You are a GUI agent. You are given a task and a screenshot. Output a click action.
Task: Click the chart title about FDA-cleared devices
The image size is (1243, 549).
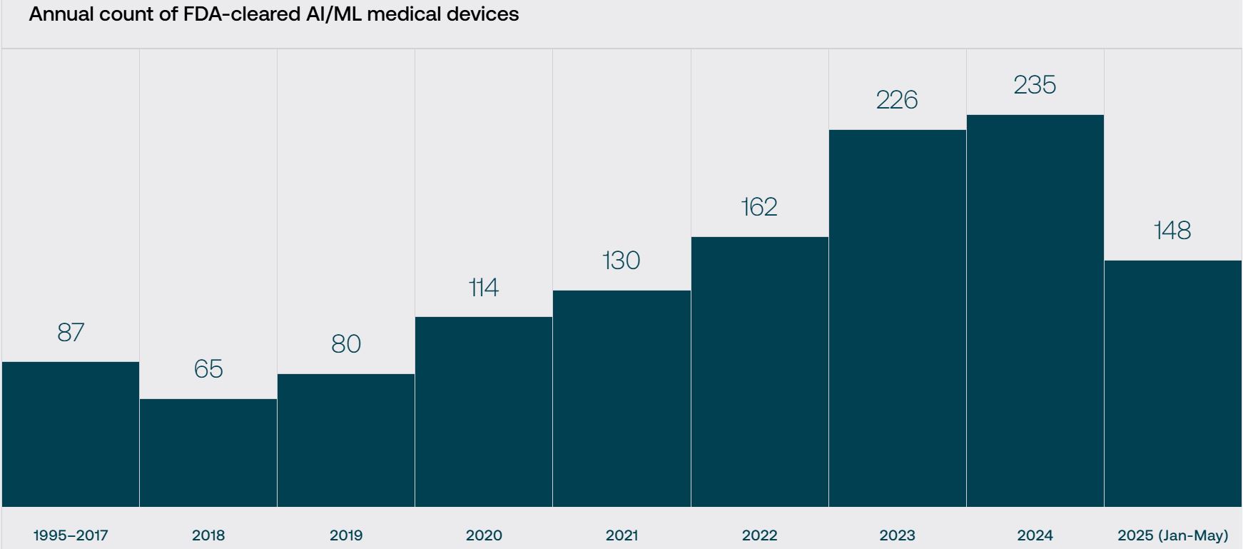[273, 14]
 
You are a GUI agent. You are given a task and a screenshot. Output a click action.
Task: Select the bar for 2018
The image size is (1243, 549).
[208, 453]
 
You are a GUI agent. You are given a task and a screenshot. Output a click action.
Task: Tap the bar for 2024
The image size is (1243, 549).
[1035, 311]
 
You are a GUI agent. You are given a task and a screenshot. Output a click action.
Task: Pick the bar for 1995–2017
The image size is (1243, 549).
[71, 434]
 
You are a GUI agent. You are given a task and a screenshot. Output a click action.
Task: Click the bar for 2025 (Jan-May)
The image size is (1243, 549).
[1173, 383]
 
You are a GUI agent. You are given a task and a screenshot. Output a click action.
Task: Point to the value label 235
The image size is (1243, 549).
[1035, 85]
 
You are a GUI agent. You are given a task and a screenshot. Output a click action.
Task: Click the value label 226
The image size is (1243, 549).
[897, 100]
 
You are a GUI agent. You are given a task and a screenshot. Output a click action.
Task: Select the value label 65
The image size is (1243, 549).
[208, 369]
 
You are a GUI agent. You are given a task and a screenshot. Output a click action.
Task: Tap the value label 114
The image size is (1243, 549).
[484, 288]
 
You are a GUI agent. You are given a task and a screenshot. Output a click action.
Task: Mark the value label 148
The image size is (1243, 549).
[1172, 231]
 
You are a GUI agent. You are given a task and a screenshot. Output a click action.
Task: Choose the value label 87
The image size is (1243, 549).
[71, 333]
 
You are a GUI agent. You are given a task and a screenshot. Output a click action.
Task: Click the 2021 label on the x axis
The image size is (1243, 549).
[621, 535]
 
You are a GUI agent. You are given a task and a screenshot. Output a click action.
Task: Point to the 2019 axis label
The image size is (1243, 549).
[346, 535]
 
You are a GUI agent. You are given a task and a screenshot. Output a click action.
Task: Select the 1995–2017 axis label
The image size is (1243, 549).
[71, 535]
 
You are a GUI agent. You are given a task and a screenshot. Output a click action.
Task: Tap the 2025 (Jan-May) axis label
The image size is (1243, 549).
[1172, 535]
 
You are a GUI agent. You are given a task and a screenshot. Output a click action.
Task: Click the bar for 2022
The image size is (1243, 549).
[759, 371]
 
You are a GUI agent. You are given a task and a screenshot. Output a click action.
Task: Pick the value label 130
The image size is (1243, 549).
[621, 261]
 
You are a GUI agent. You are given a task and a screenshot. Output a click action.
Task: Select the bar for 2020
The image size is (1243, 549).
[484, 411]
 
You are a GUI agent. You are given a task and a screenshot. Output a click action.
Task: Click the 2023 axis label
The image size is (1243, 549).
[897, 535]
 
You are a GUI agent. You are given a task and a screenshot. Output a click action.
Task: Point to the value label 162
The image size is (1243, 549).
[759, 207]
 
